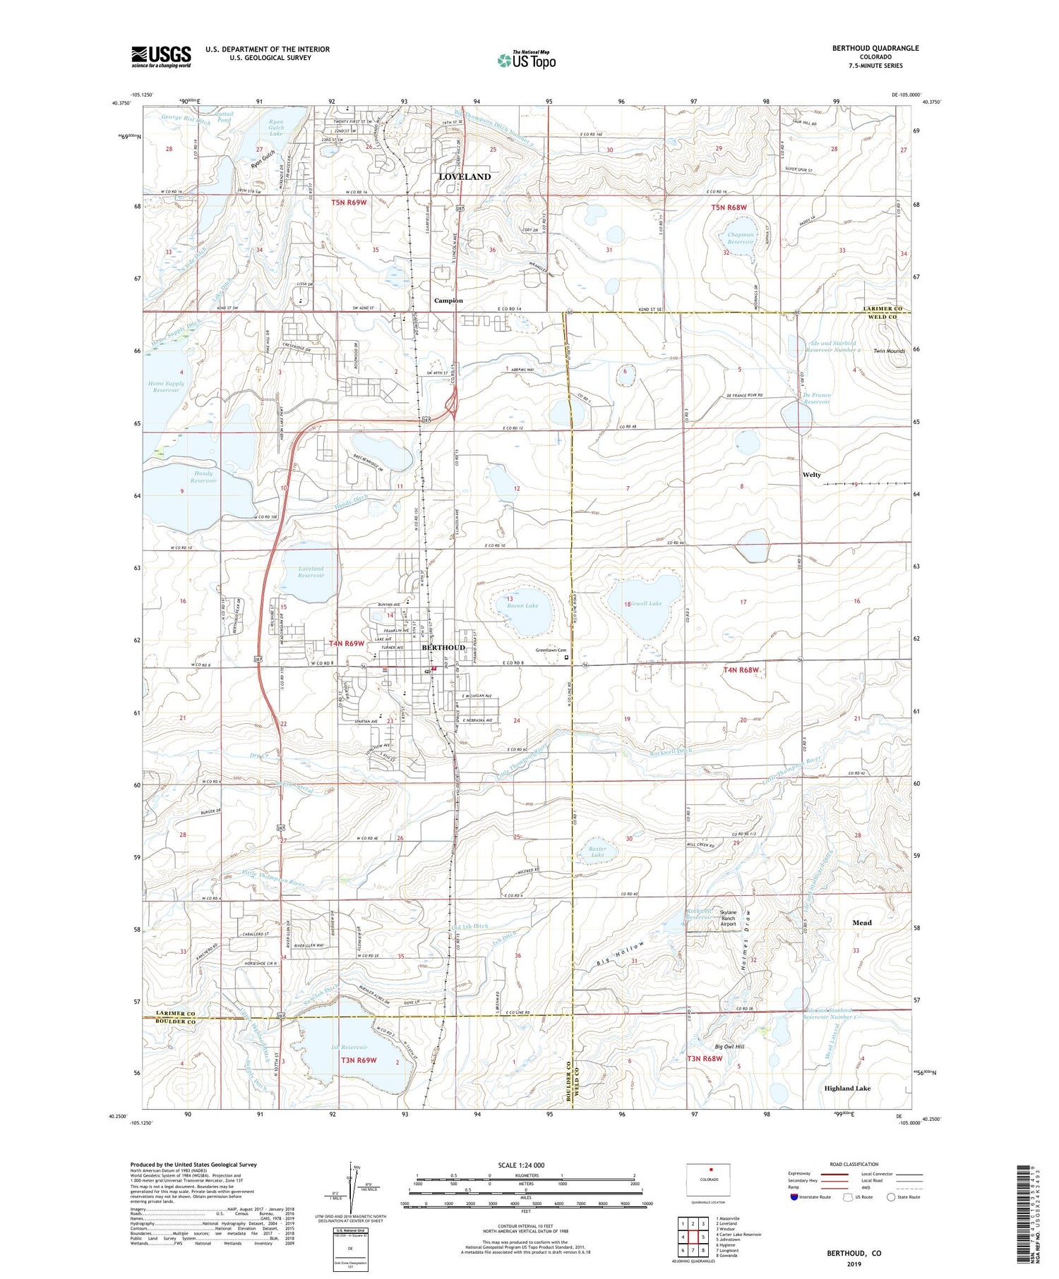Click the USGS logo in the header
tap(161, 56)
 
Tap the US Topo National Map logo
tap(526, 60)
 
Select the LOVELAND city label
tap(465, 176)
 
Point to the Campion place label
tap(448, 301)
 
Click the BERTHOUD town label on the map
tap(443, 647)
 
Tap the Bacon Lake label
tap(522, 605)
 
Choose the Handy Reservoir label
tap(203, 477)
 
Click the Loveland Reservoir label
tap(311, 571)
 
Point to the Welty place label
tap(812, 475)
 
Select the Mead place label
tap(861, 923)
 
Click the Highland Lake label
tap(847, 1089)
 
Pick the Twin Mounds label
tap(889, 351)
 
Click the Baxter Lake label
tap(597, 852)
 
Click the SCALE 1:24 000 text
tap(525, 1165)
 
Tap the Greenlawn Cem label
tap(548, 651)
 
